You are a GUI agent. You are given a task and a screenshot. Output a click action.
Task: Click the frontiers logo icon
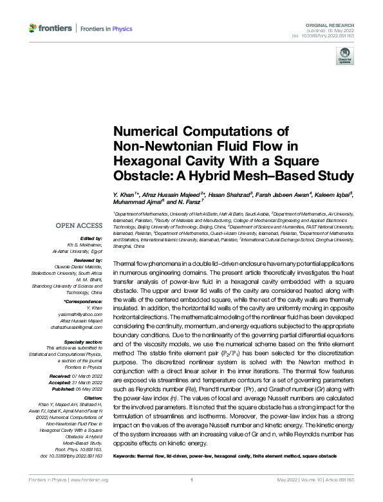pos(33,28)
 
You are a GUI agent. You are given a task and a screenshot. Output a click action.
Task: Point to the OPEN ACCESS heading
pos(79,225)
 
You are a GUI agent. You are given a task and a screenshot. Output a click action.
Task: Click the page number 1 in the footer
pos(192,497)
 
